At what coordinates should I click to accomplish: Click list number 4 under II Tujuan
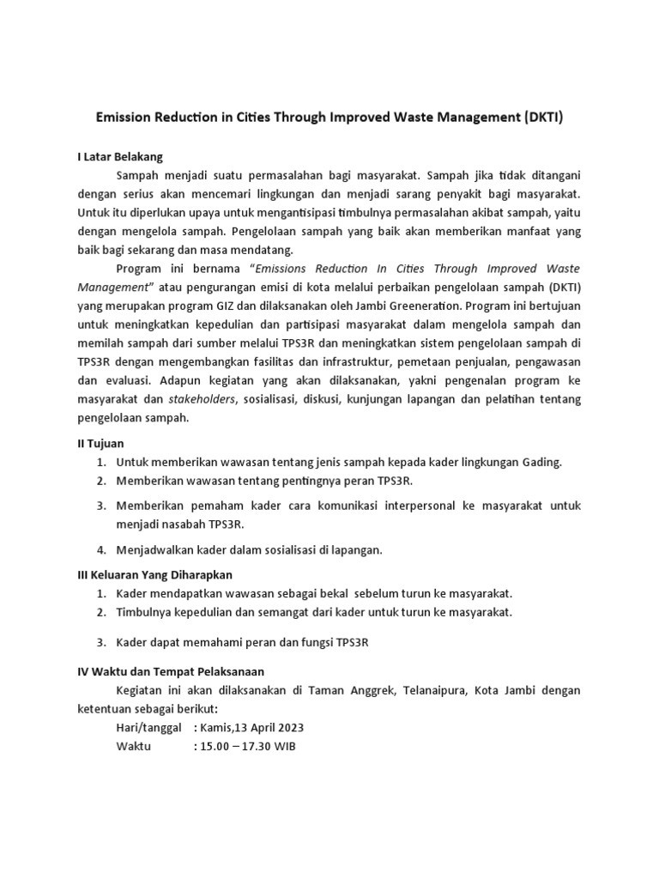100,550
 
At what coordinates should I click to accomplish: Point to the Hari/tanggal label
148,728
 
